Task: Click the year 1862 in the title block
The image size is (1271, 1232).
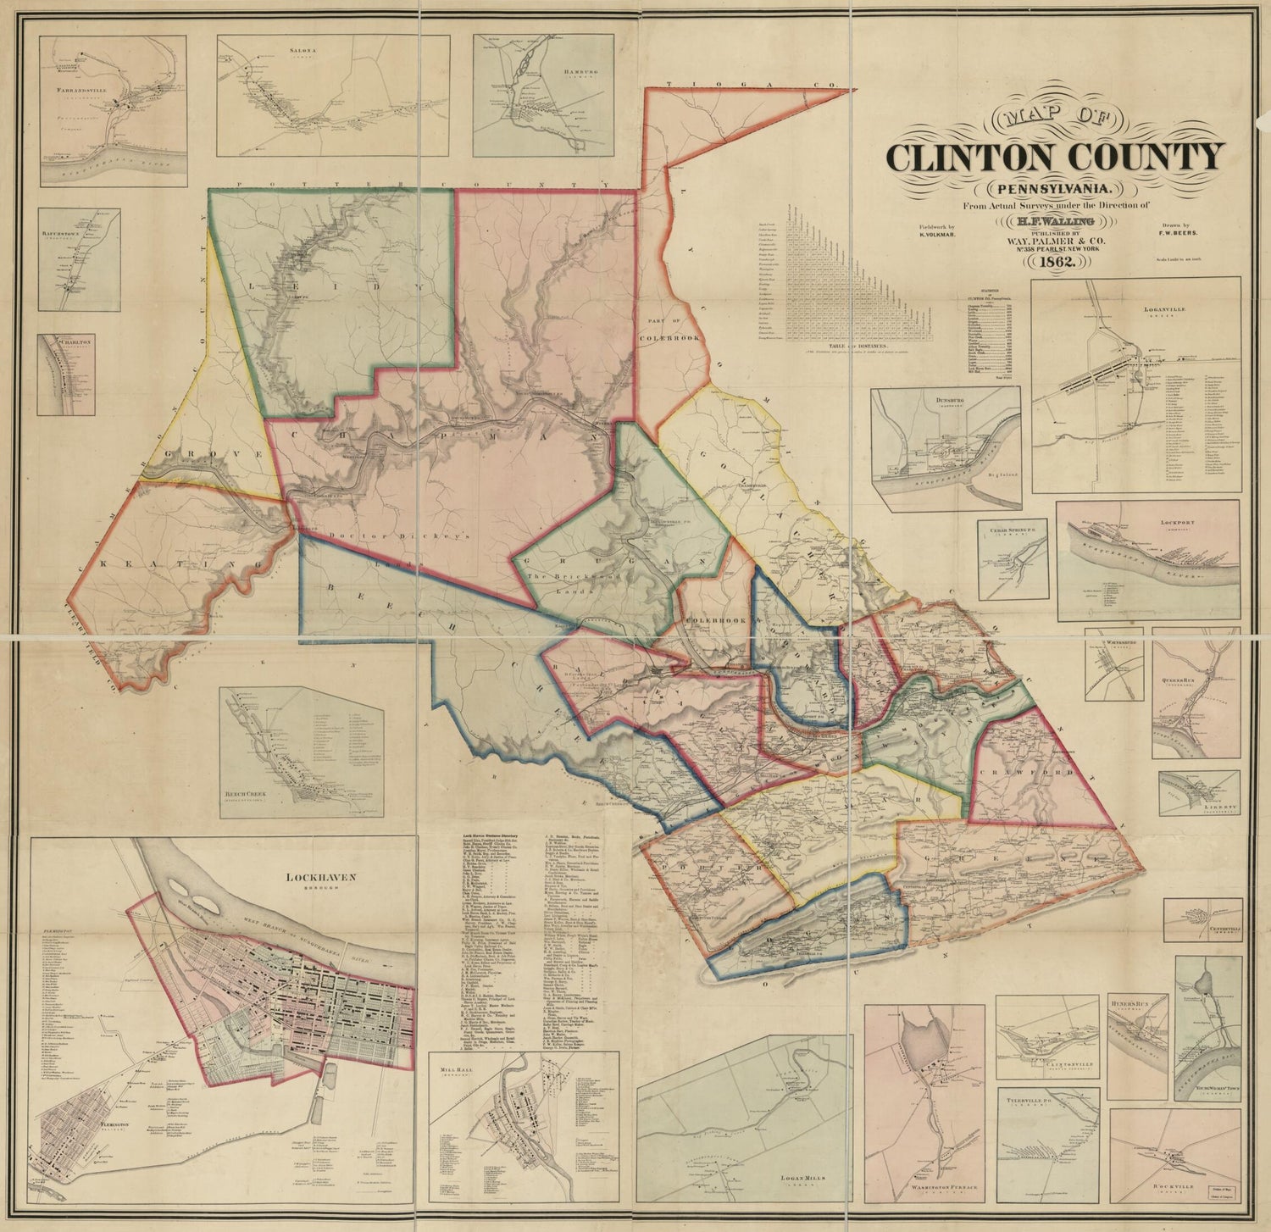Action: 1053,263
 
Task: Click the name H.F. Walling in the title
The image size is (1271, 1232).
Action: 1052,221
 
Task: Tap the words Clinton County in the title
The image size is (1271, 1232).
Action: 1055,157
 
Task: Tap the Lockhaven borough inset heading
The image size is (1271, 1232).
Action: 319,879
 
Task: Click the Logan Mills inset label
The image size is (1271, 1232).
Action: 802,1178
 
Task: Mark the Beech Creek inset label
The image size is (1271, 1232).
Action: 244,794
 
